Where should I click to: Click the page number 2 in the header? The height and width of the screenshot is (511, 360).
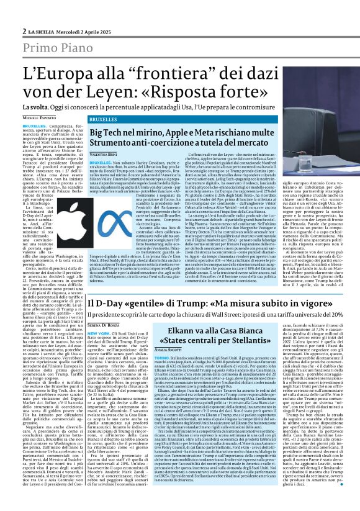coord(24,30)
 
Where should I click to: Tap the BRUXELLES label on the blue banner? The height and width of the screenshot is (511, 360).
coord(102,119)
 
